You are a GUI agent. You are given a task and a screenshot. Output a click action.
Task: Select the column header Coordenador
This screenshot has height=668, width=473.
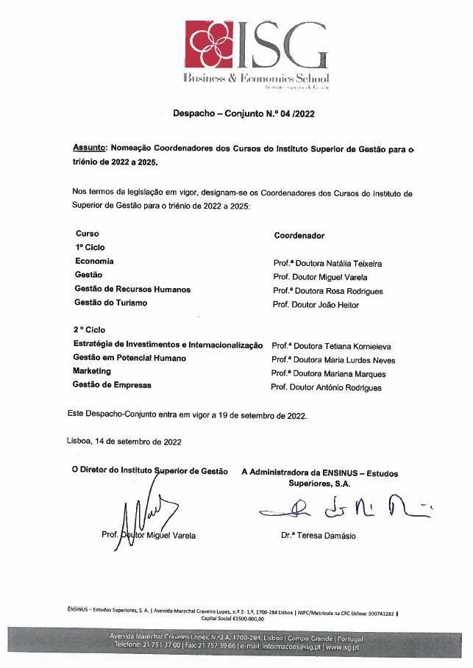click(x=299, y=236)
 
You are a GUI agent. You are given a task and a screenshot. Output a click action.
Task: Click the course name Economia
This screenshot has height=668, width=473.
click(x=94, y=261)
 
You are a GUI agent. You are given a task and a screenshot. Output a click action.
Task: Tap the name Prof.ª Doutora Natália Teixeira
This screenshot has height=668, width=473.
click(x=327, y=263)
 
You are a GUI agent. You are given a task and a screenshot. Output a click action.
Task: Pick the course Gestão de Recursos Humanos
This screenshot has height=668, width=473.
click(x=132, y=289)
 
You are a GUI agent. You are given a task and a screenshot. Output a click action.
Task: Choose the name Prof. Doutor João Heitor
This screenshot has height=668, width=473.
click(x=316, y=305)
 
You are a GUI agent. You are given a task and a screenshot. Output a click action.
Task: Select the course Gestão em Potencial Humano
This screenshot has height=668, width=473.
click(x=129, y=358)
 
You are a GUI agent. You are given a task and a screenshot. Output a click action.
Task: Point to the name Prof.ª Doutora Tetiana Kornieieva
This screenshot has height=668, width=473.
click(x=331, y=345)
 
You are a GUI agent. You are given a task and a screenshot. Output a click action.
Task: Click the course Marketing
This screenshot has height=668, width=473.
click(x=91, y=372)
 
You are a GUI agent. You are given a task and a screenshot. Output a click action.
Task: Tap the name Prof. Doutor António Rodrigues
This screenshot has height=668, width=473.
click(x=326, y=388)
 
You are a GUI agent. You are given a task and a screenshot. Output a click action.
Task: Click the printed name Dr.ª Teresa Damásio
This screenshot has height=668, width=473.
click(x=318, y=536)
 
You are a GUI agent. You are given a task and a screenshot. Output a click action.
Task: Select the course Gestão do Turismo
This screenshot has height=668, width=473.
click(x=111, y=303)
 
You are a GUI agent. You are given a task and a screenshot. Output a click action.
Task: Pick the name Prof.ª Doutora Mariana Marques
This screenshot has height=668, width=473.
click(x=328, y=374)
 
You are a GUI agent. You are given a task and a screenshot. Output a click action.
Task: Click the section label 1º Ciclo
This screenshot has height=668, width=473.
click(x=90, y=248)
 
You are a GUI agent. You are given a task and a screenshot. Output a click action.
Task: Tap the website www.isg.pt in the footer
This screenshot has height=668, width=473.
click(x=342, y=647)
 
